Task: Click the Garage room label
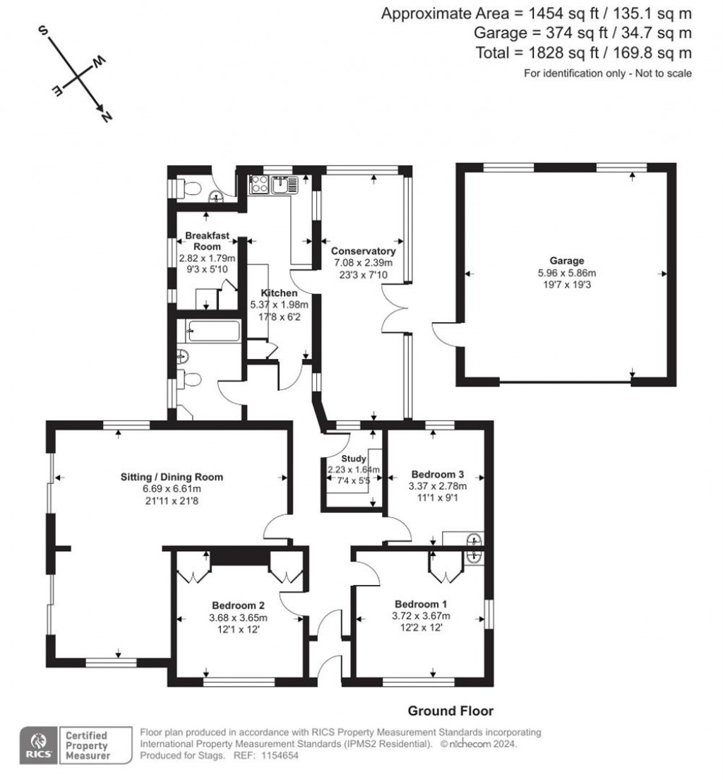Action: pyautogui.click(x=566, y=261)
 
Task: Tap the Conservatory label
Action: pyautogui.click(x=364, y=252)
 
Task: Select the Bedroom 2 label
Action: pyautogui.click(x=238, y=605)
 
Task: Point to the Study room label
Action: pyautogui.click(x=354, y=459)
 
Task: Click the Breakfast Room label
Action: pyautogui.click(x=208, y=241)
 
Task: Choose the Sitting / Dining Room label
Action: pyautogui.click(x=172, y=477)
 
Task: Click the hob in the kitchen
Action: pyautogui.click(x=259, y=184)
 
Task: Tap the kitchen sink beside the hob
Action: pyautogui.click(x=284, y=184)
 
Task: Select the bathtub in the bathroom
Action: pyautogui.click(x=214, y=331)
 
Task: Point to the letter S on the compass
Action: pyautogui.click(x=43, y=31)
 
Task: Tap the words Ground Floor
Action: pyautogui.click(x=450, y=711)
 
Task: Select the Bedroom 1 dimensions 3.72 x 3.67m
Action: pyautogui.click(x=421, y=616)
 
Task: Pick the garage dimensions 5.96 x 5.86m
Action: pyautogui.click(x=566, y=273)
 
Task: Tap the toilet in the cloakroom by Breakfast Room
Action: pyautogui.click(x=189, y=189)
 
